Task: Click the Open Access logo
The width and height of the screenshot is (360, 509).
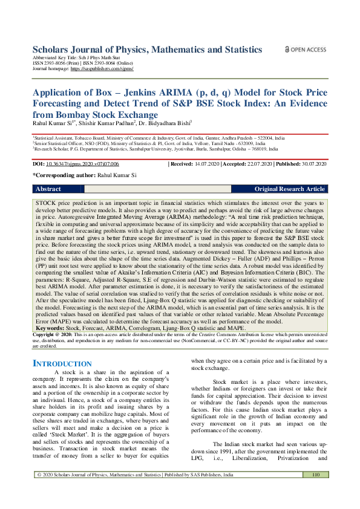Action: pos(306,50)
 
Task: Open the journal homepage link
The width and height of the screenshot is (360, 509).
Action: pos(102,69)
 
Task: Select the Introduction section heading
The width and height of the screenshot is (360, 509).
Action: pos(62,363)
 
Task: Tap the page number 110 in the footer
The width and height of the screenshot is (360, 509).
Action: pos(315,491)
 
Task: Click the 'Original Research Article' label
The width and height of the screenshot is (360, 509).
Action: pos(289,189)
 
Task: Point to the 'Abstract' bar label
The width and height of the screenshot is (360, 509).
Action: pos(48,189)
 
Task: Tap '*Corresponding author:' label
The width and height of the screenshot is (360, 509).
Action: pos(64,175)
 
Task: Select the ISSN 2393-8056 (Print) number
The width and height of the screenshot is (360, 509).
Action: pos(58,64)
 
